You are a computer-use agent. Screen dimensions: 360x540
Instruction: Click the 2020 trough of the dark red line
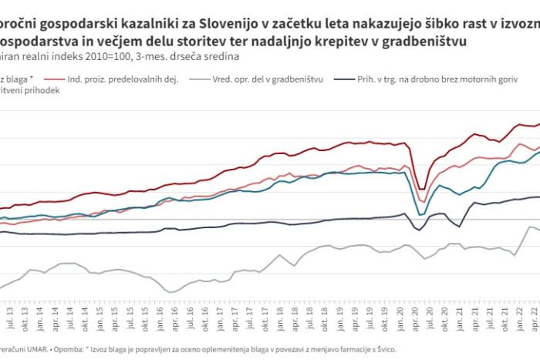coord(421,189)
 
